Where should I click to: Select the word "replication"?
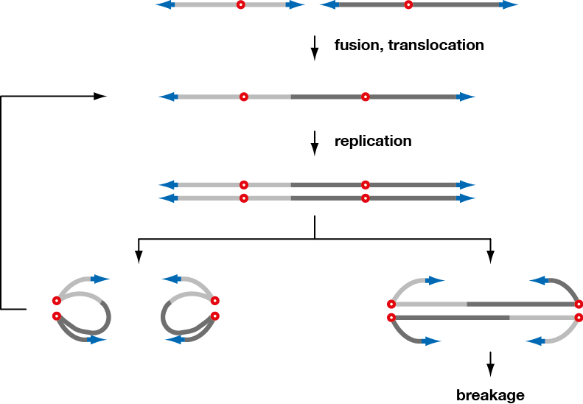373,141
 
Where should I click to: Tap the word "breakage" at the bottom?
490,395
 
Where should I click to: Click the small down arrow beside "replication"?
315,142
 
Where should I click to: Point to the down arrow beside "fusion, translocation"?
315,48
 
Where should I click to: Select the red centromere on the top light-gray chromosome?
240,4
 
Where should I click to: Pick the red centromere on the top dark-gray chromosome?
408,4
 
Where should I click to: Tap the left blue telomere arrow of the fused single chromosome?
167,97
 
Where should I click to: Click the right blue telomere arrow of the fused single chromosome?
467,97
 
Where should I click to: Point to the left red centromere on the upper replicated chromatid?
243,185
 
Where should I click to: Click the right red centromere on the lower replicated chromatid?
365,198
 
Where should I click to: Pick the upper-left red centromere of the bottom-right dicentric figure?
391,304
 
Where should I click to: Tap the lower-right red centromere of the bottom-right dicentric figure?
579,318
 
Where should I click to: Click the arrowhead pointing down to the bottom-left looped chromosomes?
139,256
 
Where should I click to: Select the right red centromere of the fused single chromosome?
365,97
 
